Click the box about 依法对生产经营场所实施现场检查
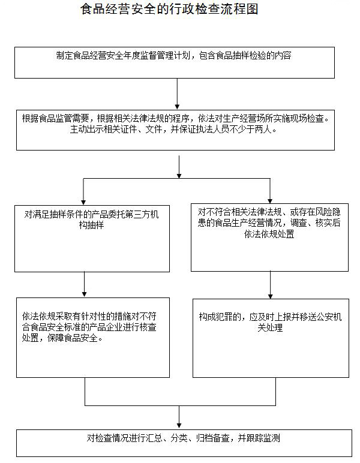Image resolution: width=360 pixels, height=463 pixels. click(175, 129)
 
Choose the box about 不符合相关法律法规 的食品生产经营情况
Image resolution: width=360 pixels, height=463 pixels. click(269, 237)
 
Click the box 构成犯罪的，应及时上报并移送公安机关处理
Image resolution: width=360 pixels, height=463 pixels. click(271, 337)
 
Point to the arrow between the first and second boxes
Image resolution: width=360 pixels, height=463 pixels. click(178, 93)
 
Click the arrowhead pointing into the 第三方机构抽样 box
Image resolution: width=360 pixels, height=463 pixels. click(83, 200)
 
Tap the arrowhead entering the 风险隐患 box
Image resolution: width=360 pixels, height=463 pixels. click(270, 200)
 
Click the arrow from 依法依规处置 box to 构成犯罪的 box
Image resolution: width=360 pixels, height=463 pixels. click(270, 284)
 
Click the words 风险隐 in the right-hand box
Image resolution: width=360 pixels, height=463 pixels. click(328, 212)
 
